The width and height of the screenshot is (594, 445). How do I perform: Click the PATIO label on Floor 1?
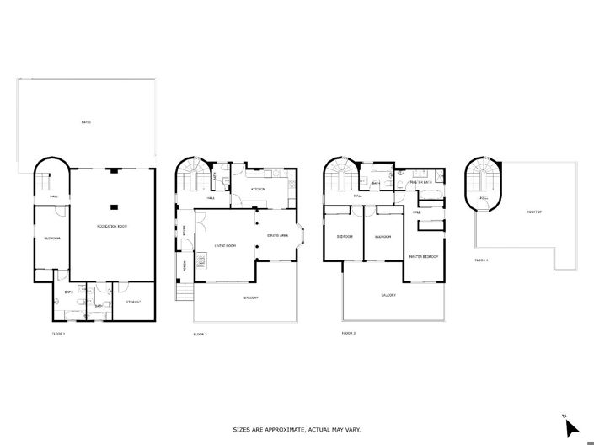85,122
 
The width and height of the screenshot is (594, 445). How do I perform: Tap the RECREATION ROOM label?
112,227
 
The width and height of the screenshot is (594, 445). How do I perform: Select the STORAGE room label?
134,302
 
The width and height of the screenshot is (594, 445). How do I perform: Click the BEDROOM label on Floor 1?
51,239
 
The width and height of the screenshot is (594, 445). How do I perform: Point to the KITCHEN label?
257,189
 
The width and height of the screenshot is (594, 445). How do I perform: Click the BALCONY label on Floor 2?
250,298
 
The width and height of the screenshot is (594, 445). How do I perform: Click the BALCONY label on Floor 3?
388,295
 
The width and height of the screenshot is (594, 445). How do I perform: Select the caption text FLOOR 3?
348,334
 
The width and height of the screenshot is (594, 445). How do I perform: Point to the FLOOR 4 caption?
481,260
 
